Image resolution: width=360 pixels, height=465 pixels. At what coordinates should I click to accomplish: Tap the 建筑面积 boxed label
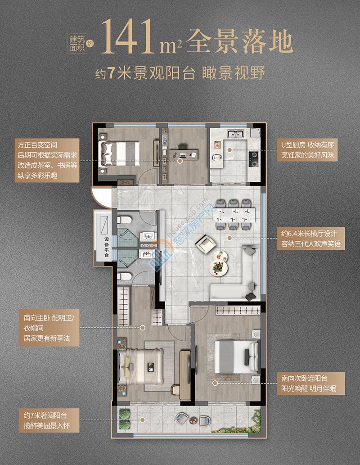tap(77, 43)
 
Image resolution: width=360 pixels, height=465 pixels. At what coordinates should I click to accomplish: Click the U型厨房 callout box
tap(307, 150)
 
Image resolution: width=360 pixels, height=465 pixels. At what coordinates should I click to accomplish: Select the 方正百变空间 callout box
tap(47, 160)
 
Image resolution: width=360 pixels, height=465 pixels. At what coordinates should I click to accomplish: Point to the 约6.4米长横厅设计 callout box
tap(311, 238)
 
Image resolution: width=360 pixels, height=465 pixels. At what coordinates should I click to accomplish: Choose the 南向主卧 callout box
tap(49, 328)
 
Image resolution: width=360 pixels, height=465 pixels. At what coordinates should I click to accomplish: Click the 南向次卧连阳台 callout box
tap(311, 384)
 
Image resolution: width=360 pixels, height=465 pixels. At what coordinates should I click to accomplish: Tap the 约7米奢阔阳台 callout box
tap(49, 420)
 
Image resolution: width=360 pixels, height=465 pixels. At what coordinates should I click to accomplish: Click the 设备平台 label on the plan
tap(107, 247)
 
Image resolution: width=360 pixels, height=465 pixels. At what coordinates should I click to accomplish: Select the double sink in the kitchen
tap(235, 134)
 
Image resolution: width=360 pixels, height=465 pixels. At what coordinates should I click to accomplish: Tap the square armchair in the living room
tap(206, 244)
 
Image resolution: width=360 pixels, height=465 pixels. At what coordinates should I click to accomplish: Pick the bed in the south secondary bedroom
tap(236, 357)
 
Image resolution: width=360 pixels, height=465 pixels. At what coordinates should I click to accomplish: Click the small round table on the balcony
tap(193, 420)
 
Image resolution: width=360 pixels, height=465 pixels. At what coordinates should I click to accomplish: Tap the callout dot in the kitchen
tap(229, 150)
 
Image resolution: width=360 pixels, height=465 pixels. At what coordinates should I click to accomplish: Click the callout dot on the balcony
tap(143, 420)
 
